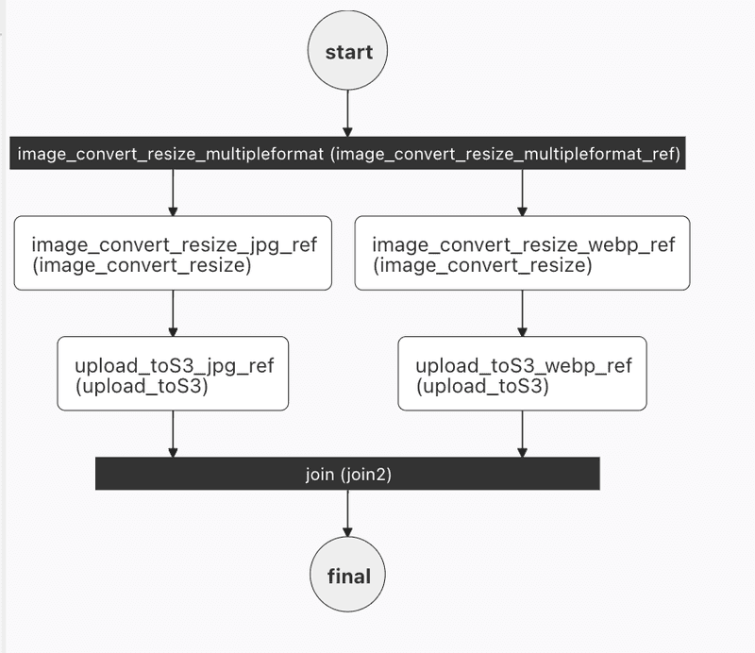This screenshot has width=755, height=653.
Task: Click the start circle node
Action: coord(348,53)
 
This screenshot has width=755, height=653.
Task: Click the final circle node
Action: coord(348,576)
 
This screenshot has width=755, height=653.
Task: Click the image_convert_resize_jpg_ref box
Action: coord(173,254)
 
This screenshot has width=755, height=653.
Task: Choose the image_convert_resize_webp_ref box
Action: coord(522,254)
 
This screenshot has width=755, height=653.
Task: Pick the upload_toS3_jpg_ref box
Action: coord(173,375)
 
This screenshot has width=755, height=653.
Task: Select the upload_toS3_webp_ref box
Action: coord(522,375)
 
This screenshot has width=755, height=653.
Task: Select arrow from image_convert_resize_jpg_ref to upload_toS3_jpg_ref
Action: coord(173,313)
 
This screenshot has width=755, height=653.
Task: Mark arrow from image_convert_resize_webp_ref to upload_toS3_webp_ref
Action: coord(522,313)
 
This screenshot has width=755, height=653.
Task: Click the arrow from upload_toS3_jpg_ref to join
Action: coord(173,434)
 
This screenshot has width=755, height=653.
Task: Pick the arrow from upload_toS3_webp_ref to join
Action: coord(522,434)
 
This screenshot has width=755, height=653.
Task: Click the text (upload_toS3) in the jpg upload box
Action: coord(142,387)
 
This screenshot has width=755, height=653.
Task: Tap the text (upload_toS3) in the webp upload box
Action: coord(482,387)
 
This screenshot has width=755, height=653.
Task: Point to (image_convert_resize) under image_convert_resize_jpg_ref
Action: coord(142,267)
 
